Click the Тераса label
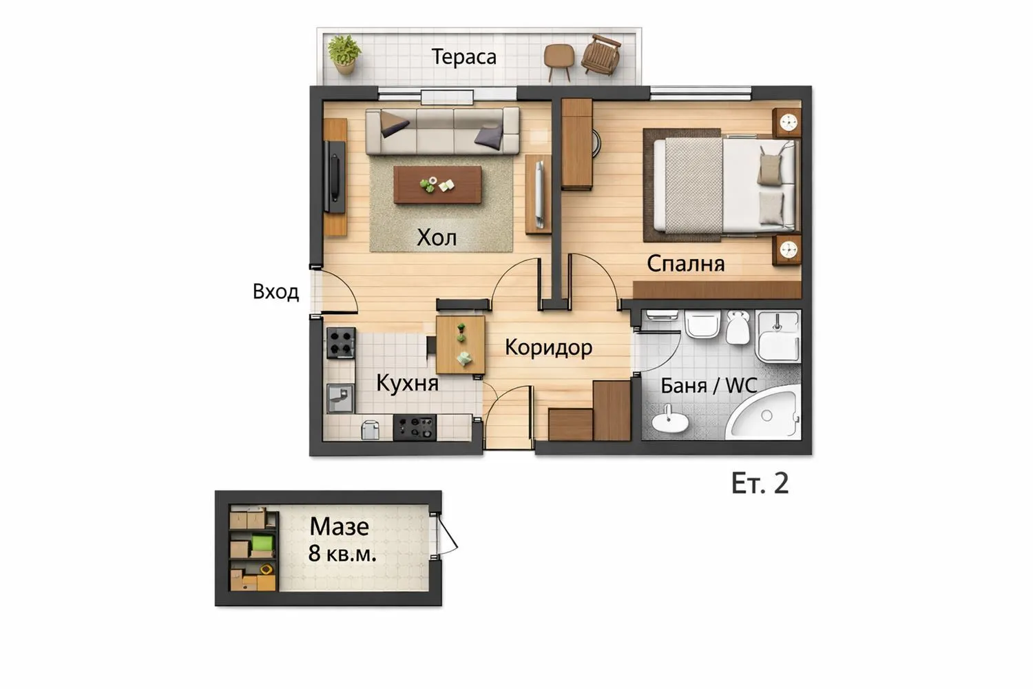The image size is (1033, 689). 464,57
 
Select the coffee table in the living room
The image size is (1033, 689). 437,185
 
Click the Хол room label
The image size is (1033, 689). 437,238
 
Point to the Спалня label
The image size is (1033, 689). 686,264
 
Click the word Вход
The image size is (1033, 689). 275,291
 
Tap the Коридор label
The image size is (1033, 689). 548,347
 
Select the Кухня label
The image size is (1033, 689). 407,383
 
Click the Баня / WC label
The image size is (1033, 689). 709,386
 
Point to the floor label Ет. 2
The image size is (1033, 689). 760,484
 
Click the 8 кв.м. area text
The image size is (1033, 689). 342,553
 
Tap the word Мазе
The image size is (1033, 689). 340,526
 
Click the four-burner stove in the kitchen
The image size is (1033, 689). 341,343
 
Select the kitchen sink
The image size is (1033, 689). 340,398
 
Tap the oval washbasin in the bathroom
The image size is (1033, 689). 670,419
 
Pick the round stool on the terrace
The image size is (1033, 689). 559,61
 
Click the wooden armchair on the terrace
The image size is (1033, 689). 601,54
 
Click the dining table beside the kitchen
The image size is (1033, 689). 460,344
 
